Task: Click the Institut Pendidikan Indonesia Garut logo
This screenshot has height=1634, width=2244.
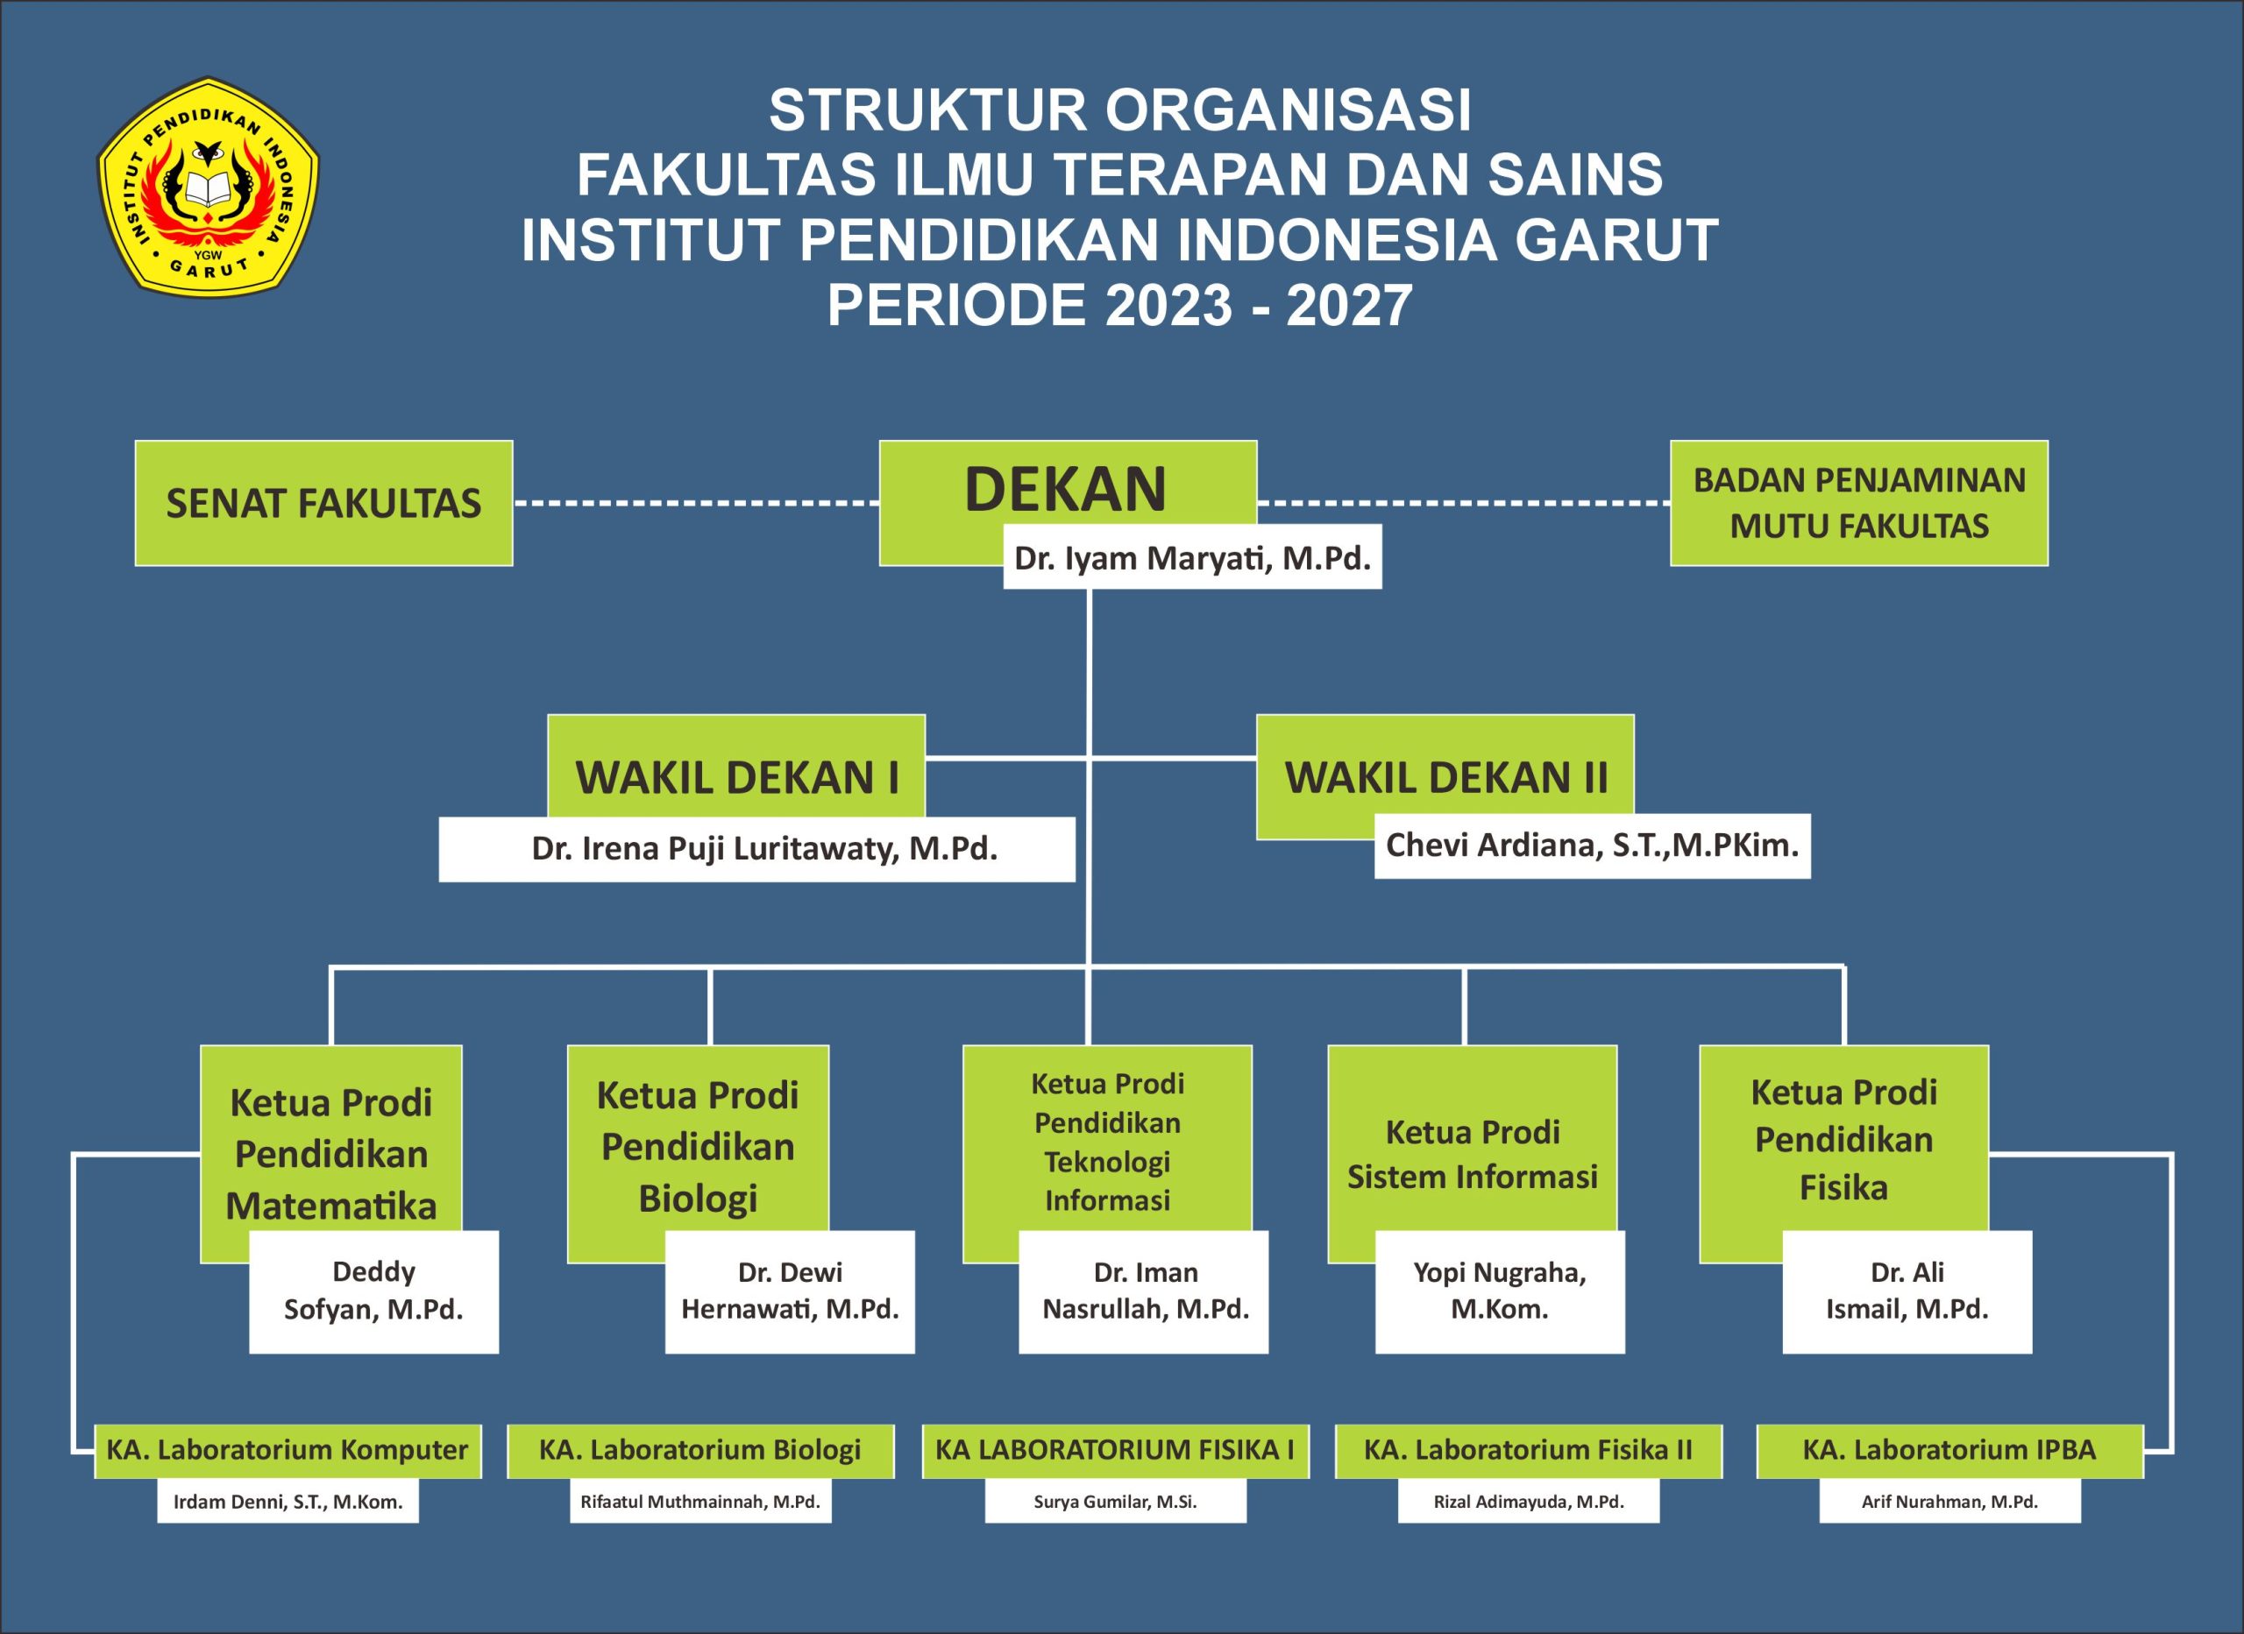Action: pyautogui.click(x=208, y=186)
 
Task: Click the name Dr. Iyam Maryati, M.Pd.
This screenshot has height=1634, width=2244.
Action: pyautogui.click(x=1192, y=558)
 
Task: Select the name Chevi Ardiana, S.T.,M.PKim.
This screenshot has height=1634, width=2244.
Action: pyautogui.click(x=1592, y=845)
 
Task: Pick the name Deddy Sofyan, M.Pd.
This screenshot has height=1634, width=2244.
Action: pyautogui.click(x=373, y=1291)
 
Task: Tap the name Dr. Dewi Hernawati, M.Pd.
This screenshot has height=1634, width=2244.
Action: pyautogui.click(x=790, y=1291)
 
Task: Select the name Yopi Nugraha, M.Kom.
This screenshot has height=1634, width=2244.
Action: pyautogui.click(x=1500, y=1291)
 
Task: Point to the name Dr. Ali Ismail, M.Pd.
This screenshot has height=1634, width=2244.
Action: pyautogui.click(x=1907, y=1291)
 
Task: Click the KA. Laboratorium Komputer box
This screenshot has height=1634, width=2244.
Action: pyautogui.click(x=288, y=1451)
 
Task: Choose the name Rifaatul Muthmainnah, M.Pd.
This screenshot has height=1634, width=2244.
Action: pyautogui.click(x=700, y=1502)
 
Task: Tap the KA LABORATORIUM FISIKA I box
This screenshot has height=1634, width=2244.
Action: pyautogui.click(x=1115, y=1451)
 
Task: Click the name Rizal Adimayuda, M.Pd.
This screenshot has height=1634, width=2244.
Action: pyautogui.click(x=1529, y=1502)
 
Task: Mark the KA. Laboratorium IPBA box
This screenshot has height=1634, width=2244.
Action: pyautogui.click(x=1949, y=1451)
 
